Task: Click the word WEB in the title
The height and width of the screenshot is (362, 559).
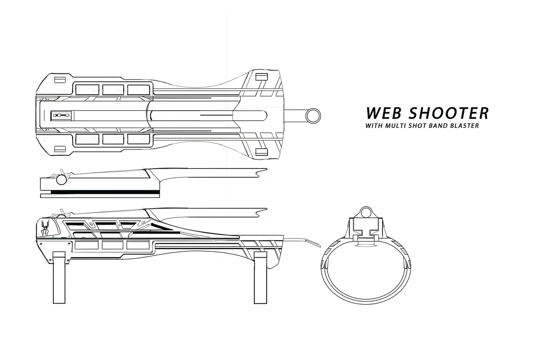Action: click(384, 113)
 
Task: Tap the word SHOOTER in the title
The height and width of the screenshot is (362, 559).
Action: click(448, 113)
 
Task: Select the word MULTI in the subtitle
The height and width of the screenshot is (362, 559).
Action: click(395, 125)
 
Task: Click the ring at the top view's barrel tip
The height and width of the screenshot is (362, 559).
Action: click(313, 115)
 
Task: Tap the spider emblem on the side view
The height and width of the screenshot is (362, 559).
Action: click(46, 227)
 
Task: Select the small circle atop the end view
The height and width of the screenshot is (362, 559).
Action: click(366, 213)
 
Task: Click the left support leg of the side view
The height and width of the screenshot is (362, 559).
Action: click(59, 277)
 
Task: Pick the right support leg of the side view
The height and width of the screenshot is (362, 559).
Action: click(260, 277)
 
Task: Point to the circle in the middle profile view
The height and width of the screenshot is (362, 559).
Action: click(61, 179)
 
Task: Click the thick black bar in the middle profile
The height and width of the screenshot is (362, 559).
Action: click(105, 192)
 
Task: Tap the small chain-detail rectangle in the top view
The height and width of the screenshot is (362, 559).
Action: click(61, 115)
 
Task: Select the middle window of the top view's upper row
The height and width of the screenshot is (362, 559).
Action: click(113, 90)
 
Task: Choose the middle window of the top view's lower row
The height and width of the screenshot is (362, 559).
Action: click(113, 139)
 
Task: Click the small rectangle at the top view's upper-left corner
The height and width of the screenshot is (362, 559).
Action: click(60, 80)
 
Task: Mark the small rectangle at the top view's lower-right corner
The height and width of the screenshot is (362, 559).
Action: click(262, 152)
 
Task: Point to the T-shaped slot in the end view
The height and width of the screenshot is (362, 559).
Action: click(366, 233)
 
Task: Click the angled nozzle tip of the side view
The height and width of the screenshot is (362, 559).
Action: click(313, 243)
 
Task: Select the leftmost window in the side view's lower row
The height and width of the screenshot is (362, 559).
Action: click(86, 245)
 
